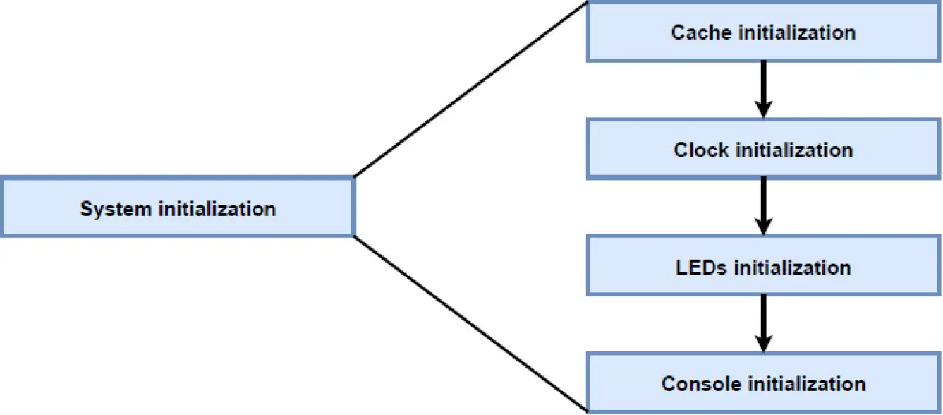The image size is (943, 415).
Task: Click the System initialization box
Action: click(177, 207)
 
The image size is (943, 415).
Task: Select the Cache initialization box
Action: click(763, 32)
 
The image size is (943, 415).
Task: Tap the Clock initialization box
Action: click(763, 150)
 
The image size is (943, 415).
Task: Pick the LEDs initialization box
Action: click(763, 267)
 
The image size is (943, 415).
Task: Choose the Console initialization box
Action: click(763, 383)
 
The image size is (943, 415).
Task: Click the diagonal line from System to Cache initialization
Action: click(470, 89)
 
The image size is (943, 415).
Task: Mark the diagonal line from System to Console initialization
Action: click(470, 324)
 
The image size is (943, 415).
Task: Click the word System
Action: click(116, 209)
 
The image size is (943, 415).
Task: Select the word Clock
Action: click(701, 150)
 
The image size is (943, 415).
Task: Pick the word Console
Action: click(701, 384)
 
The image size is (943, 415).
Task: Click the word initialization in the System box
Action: click(217, 209)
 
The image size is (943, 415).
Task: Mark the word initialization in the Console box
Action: click(806, 384)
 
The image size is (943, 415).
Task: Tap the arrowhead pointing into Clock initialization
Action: click(762, 109)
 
